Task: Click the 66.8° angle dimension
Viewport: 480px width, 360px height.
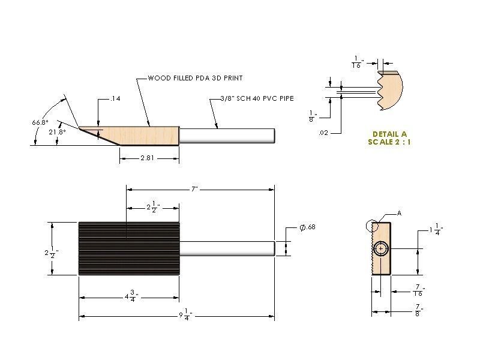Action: point(40,122)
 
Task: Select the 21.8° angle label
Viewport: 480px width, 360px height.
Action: point(57,131)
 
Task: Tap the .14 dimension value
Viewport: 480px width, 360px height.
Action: point(116,98)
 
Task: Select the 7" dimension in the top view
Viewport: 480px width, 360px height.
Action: point(194,188)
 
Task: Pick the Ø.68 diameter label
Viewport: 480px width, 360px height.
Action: point(307,227)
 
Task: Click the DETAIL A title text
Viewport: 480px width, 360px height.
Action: point(389,134)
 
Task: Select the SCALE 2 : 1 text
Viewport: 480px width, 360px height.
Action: point(389,142)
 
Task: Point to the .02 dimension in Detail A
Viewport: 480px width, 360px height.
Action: point(323,132)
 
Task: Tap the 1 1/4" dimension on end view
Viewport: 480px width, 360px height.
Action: point(437,229)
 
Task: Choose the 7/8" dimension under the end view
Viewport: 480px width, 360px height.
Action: point(418,310)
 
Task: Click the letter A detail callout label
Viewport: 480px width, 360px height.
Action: point(398,213)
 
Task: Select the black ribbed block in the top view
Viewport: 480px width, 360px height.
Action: point(128,248)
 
